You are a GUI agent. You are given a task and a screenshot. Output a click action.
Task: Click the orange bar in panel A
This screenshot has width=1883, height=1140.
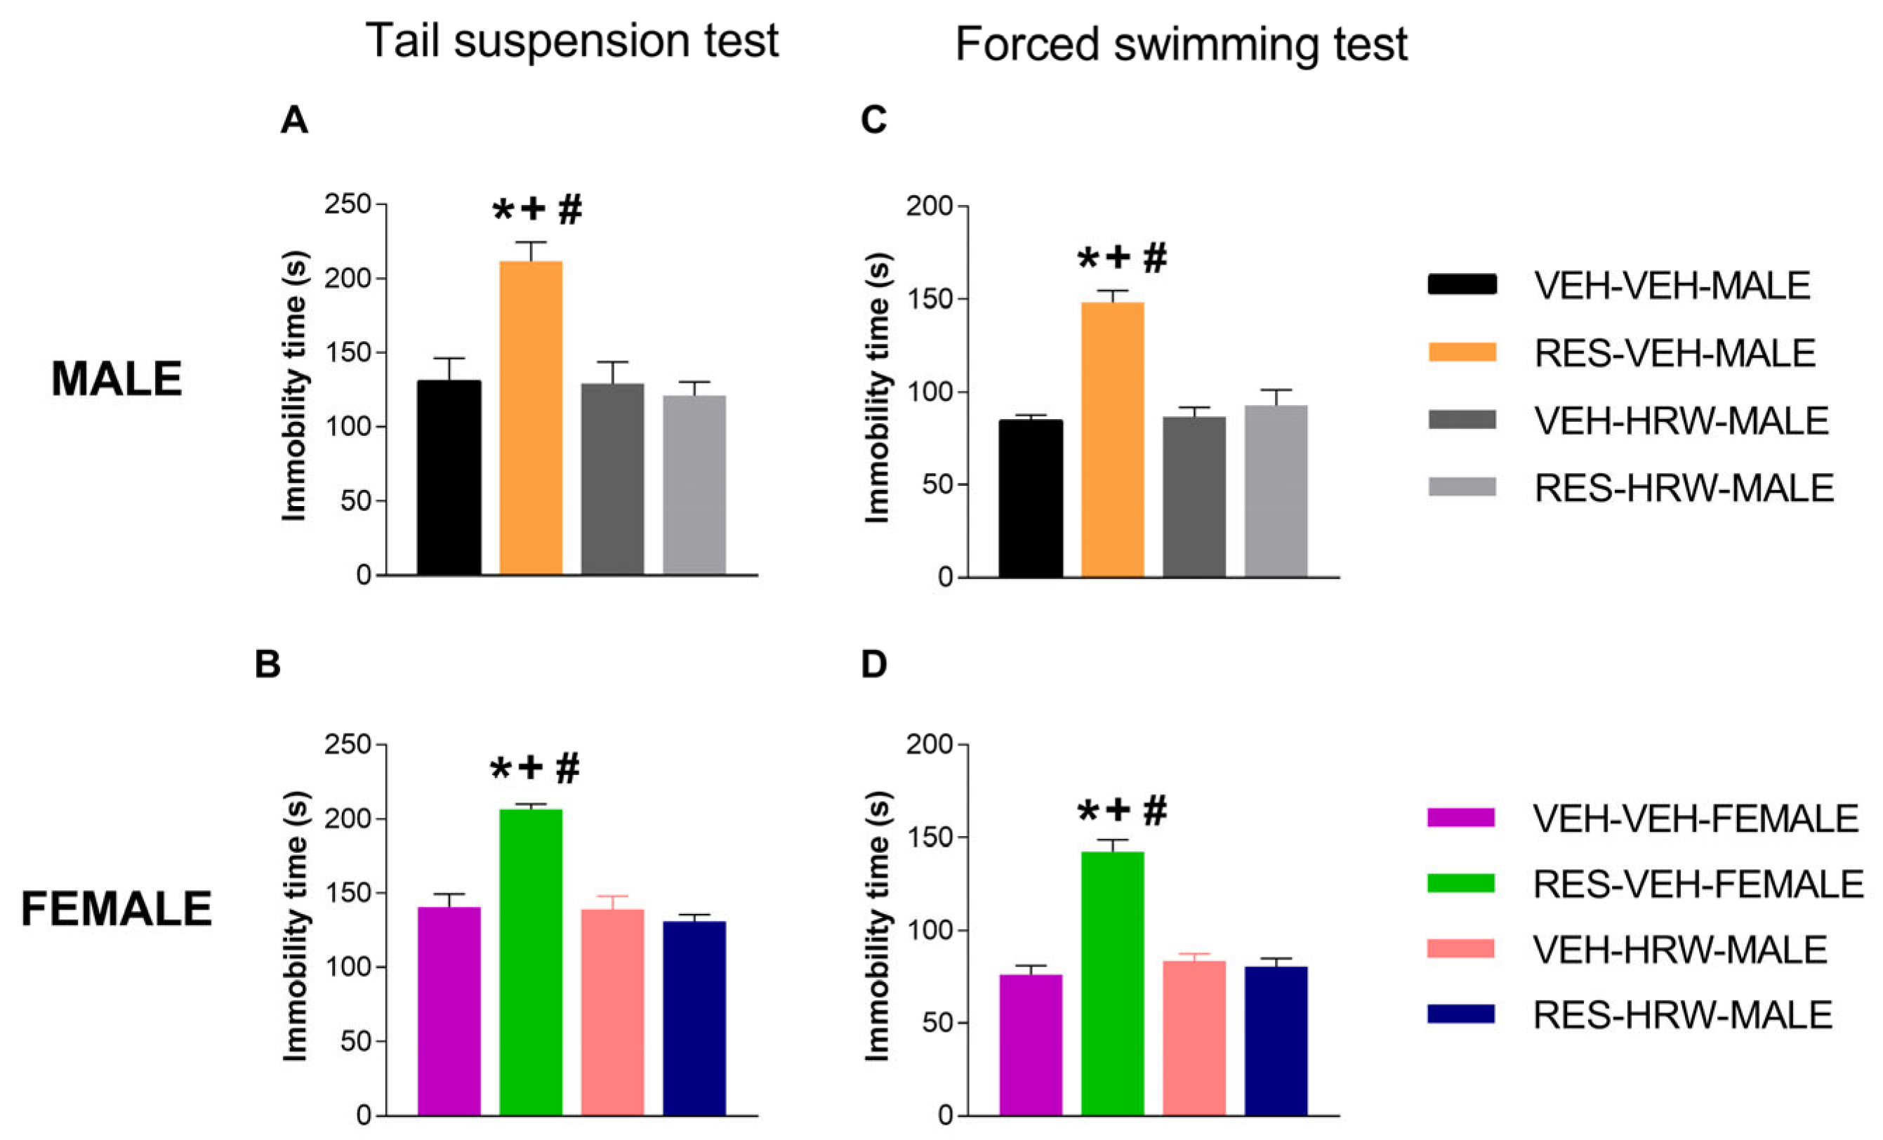530,418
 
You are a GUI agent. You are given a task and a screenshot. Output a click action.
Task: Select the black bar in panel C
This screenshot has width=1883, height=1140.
1030,498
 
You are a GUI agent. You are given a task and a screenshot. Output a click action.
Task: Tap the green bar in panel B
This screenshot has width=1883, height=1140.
530,962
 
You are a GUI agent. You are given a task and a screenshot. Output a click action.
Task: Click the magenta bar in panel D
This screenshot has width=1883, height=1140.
1030,1045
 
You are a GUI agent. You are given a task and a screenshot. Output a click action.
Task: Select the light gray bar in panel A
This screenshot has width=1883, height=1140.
694,485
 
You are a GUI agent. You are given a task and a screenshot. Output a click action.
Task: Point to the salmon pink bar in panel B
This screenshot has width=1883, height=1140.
612,1012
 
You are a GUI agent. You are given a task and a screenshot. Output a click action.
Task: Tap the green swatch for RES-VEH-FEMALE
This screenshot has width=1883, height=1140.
1460,883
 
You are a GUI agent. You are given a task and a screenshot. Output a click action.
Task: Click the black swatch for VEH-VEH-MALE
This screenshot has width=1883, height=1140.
1462,284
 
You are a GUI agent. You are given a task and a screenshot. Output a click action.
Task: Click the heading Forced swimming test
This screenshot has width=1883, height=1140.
1181,44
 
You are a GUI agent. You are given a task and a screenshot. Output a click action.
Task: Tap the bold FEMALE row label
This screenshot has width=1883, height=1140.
116,908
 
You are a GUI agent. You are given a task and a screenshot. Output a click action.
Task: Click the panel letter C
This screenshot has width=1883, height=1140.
873,119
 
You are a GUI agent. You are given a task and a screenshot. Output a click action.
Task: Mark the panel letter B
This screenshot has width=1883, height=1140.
267,664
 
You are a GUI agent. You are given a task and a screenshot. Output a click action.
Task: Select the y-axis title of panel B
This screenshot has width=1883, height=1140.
295,925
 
